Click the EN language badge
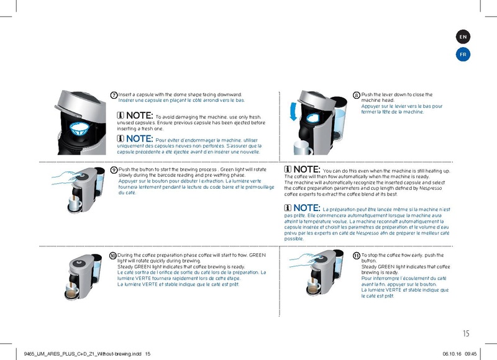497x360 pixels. (x=463, y=37)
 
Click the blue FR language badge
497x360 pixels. (x=463, y=55)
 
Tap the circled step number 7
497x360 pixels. (x=114, y=95)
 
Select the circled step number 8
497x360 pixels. (x=356, y=95)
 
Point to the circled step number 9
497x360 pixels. (x=114, y=169)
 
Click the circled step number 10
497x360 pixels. (x=112, y=256)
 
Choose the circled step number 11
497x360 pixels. (x=356, y=256)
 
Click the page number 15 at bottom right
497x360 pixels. (x=467, y=323)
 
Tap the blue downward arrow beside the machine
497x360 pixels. (x=293, y=114)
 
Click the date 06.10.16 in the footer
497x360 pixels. (x=452, y=354)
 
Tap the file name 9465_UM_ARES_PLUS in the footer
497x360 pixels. (x=47, y=354)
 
